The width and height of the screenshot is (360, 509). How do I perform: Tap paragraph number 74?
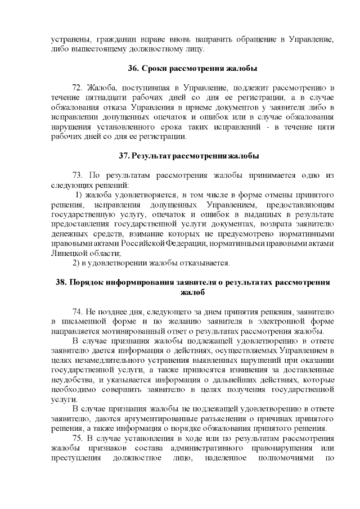(x=79, y=311)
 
